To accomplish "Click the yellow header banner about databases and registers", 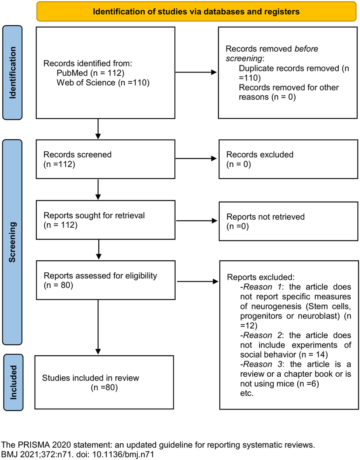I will click(x=196, y=11).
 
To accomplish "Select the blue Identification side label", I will click(x=13, y=73).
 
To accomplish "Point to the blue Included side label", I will click(x=13, y=382).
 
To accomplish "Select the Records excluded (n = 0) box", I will click(x=288, y=159).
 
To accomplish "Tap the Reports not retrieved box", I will click(x=288, y=221).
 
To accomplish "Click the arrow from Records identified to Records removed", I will click(x=196, y=73).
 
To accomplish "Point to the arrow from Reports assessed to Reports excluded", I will click(x=196, y=281).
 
